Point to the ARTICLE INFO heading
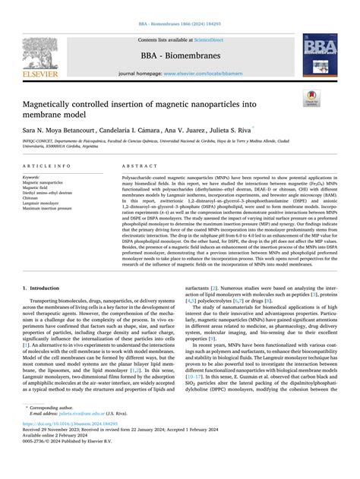[x=49, y=165]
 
